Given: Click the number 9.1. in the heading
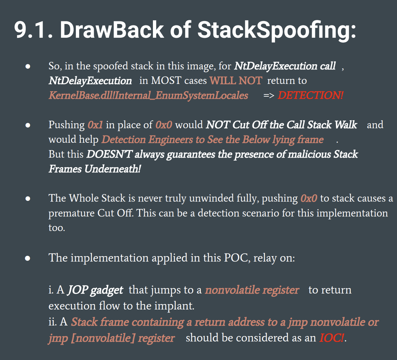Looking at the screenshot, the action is [33, 30].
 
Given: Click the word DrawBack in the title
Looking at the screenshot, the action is [112, 30].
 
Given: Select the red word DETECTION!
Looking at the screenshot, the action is [311, 95].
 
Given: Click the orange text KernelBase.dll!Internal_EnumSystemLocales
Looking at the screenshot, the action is [148, 96].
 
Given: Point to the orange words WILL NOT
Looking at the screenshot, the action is [236, 81].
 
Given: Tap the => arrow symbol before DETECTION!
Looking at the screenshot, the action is [269, 96].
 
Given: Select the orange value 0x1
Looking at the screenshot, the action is [95, 125].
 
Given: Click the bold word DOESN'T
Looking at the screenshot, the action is [109, 154].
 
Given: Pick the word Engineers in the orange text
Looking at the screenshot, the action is [171, 140].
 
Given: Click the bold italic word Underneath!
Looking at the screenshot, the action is [113, 169].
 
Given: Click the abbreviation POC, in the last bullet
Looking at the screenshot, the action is [237, 258].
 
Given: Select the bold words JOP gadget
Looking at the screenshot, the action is [95, 290].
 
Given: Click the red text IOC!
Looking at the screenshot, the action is [332, 338].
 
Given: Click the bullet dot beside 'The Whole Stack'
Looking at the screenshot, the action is [28, 198].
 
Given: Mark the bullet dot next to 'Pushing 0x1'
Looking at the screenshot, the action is [28, 125].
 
